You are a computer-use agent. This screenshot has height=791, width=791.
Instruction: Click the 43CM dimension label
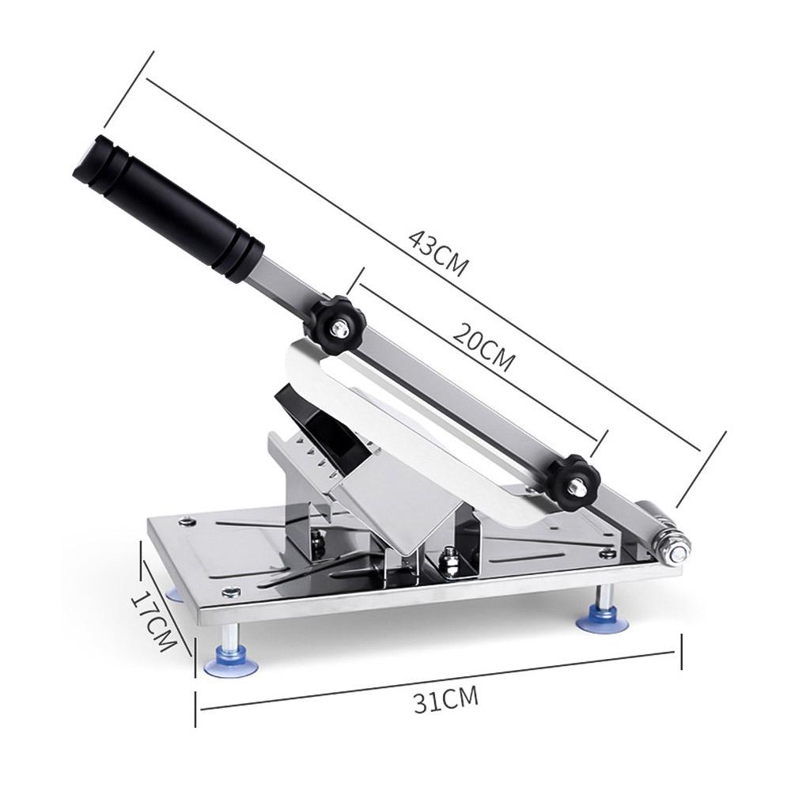[438, 254]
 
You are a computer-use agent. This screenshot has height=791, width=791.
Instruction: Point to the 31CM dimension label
[445, 700]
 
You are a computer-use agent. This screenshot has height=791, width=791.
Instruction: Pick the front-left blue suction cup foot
[231, 660]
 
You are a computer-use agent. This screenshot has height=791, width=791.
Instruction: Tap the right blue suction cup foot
[603, 619]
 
